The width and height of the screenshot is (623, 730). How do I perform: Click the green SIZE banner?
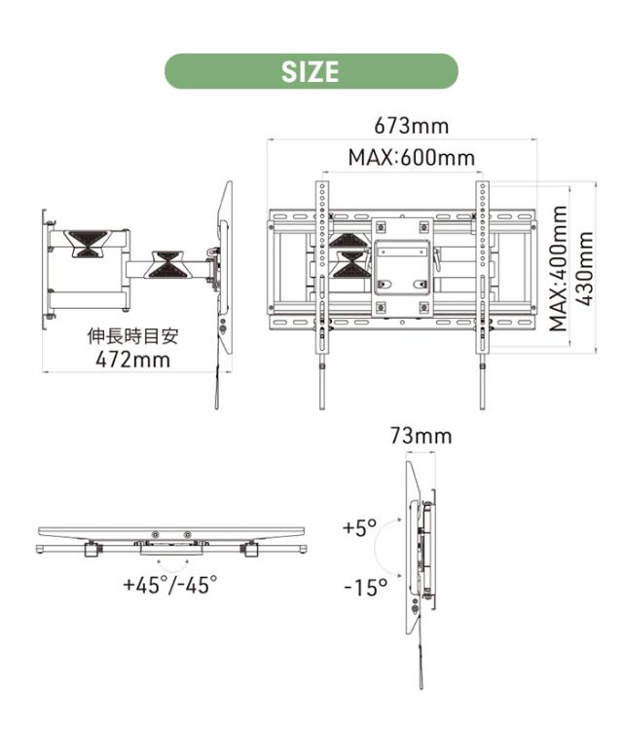pyautogui.click(x=311, y=71)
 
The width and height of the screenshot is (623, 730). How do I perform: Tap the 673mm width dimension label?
pyautogui.click(x=412, y=126)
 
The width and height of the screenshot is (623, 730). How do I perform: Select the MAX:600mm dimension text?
pyautogui.click(x=412, y=157)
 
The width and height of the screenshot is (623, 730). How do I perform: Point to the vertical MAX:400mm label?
pyautogui.click(x=559, y=269)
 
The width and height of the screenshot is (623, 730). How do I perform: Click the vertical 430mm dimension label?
pyautogui.click(x=584, y=269)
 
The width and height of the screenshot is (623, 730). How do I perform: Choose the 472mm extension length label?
pyautogui.click(x=133, y=360)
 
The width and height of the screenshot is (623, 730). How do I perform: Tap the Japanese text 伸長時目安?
pyautogui.click(x=133, y=336)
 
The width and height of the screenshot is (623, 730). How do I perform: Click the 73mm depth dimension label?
pyautogui.click(x=421, y=436)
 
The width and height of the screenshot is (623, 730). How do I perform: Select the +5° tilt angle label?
pyautogui.click(x=359, y=527)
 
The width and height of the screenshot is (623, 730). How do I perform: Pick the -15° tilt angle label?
pyautogui.click(x=365, y=587)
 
